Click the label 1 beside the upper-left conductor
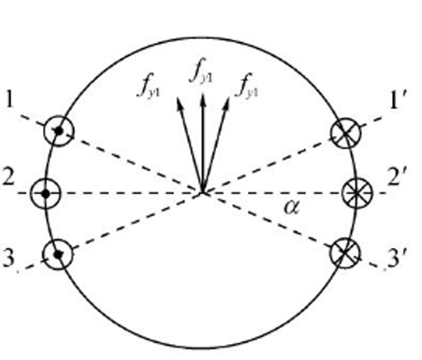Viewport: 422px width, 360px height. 9,99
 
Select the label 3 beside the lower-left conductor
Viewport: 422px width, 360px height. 8,258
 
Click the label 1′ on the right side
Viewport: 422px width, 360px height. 399,99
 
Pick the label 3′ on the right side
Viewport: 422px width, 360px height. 397,258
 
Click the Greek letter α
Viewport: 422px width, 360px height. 292,207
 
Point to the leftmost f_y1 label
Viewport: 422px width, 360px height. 149,85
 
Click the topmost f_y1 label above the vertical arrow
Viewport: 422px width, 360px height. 201,71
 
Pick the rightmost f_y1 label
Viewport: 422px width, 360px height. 247,85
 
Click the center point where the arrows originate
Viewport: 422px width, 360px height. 203,192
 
